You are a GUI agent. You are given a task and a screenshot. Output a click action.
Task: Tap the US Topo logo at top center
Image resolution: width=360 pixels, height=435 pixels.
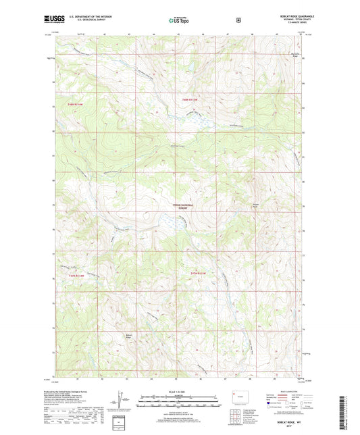180,20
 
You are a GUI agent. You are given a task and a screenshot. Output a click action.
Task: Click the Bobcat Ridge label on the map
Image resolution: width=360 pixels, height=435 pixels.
128,335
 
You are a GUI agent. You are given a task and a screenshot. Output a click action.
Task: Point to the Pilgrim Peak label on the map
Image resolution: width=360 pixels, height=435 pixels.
255,207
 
